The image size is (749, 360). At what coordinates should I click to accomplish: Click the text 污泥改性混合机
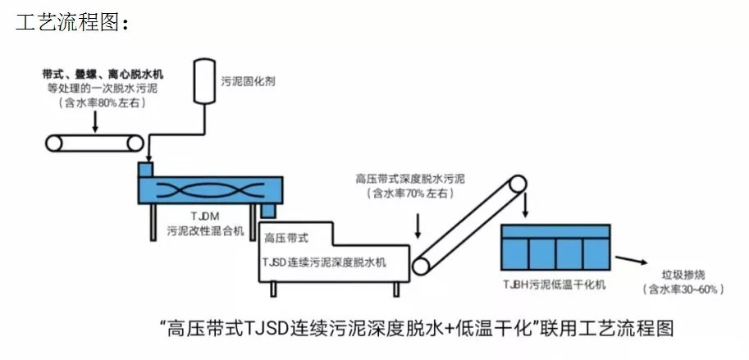click(205, 232)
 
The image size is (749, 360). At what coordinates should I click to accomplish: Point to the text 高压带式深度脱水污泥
click(410, 178)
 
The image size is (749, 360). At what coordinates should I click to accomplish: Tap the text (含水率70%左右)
click(410, 194)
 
